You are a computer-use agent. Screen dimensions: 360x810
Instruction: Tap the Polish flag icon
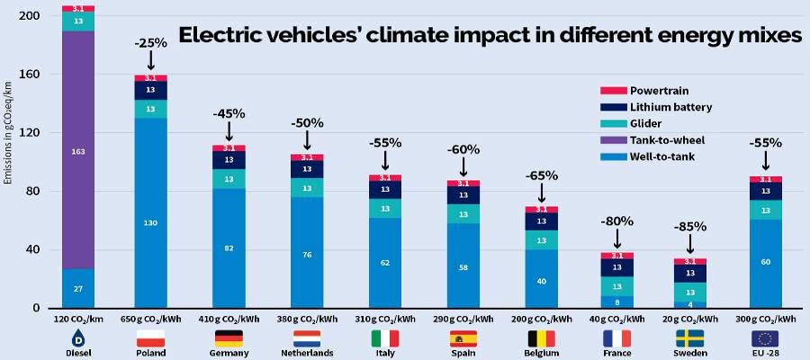click(x=150, y=338)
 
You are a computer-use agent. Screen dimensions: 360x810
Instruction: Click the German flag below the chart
click(x=229, y=338)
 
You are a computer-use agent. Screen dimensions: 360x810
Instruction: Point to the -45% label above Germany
click(x=229, y=115)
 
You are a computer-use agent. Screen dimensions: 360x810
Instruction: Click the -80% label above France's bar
click(x=617, y=220)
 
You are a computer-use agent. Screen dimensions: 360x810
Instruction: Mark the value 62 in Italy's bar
click(x=384, y=263)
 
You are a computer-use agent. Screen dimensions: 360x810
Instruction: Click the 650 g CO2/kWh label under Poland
click(x=150, y=319)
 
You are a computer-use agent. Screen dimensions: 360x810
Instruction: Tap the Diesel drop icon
click(x=77, y=338)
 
